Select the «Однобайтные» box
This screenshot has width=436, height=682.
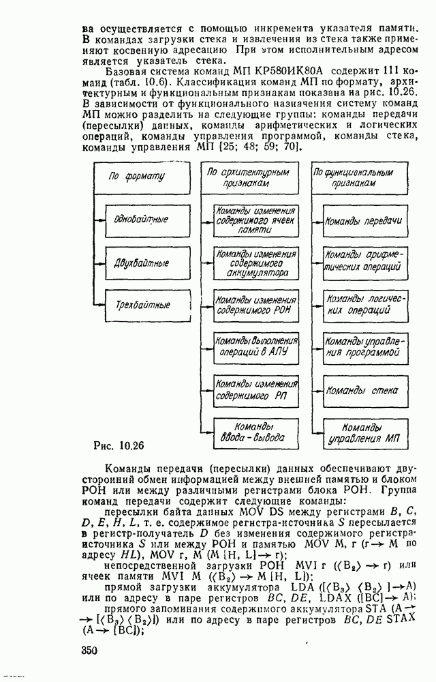coord(142,220)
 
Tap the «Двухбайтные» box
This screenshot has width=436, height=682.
coord(142,263)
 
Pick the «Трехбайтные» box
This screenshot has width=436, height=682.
coord(142,304)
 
